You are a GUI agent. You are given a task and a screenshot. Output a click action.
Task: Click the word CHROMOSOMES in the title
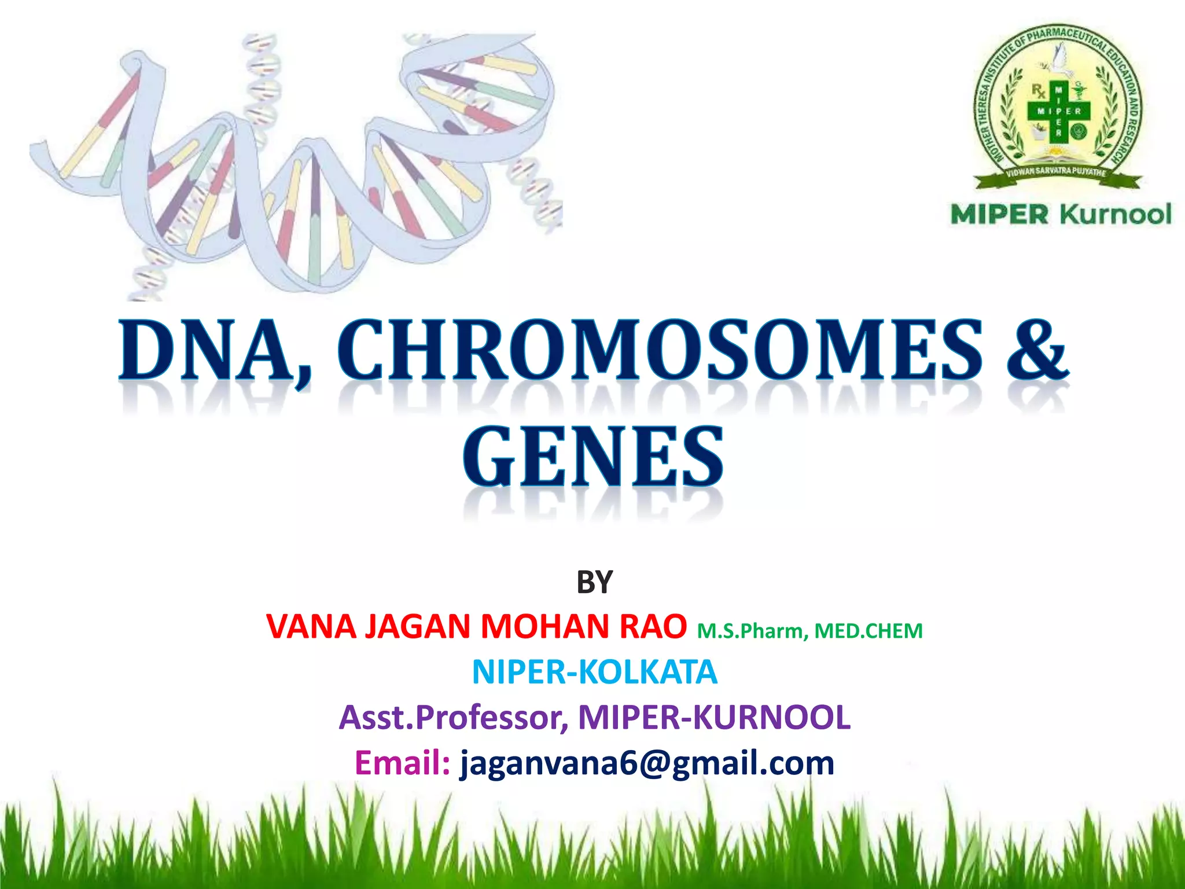pyautogui.click(x=660, y=350)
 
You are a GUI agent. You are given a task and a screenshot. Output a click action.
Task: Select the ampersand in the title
pyautogui.click(x=1037, y=350)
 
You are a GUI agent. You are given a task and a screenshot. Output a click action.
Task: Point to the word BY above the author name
pyautogui.click(x=594, y=582)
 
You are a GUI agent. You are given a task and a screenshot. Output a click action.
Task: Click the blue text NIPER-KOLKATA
pyautogui.click(x=594, y=672)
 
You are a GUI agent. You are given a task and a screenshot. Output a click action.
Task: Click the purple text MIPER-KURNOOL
pyautogui.click(x=714, y=717)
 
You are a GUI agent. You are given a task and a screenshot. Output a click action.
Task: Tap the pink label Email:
pyautogui.click(x=402, y=762)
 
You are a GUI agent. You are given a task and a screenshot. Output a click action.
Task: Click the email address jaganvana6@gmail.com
pyautogui.click(x=647, y=762)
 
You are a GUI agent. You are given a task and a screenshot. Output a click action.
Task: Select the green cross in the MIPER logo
pyautogui.click(x=1058, y=110)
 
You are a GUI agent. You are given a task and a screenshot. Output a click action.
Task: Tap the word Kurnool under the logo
pyautogui.click(x=1116, y=214)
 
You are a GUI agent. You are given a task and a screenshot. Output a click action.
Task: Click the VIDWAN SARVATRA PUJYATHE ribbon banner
pyautogui.click(x=1057, y=172)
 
